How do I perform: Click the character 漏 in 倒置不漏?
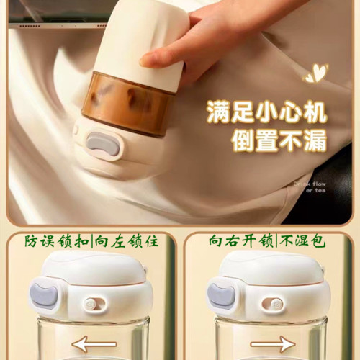pyautogui.click(x=314, y=143)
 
